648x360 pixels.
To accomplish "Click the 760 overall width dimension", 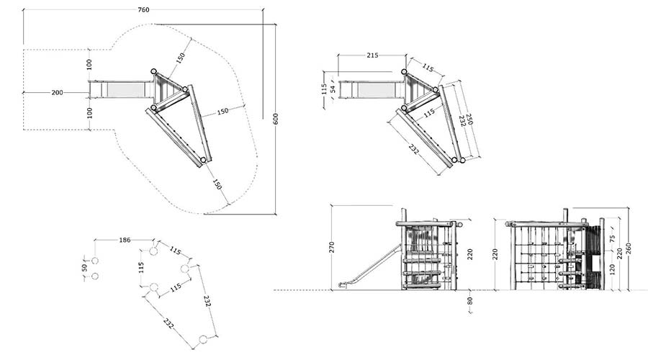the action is (143, 10).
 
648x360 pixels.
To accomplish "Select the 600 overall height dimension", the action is (276, 119).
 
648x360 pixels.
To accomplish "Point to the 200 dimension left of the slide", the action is (57, 93).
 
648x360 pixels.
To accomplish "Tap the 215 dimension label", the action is (372, 55).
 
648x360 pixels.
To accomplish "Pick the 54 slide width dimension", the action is (333, 89).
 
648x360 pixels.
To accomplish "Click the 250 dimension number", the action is (469, 119).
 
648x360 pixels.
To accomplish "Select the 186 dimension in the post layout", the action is (125, 240).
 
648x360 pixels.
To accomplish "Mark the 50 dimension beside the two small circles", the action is (85, 268).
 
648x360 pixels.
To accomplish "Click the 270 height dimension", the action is (331, 247).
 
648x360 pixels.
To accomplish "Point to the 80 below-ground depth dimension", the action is (469, 301).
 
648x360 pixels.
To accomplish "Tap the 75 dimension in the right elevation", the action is (613, 238).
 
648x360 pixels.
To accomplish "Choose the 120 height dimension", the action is (613, 269).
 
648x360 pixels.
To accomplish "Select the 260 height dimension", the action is (629, 248).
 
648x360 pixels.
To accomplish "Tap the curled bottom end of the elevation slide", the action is (343, 285).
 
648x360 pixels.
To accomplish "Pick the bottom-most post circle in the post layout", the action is (202, 340).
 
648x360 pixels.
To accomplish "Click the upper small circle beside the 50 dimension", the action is (95, 261).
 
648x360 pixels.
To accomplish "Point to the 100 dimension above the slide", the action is (89, 65).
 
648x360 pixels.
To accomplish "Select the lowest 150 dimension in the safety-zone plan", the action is (217, 184).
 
